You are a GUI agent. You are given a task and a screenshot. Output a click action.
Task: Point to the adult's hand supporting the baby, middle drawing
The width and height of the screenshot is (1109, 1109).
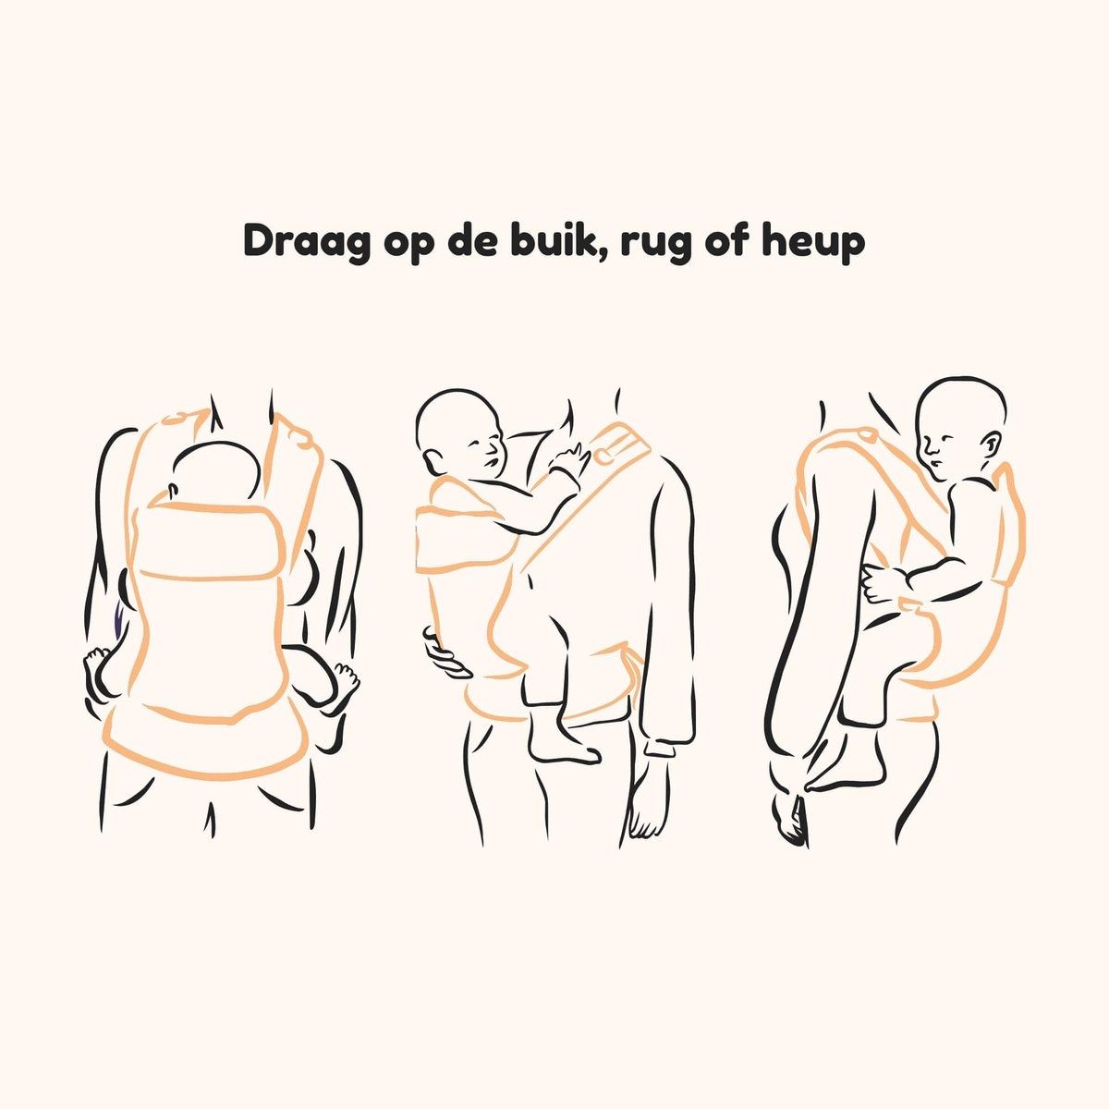tap(446, 654)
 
